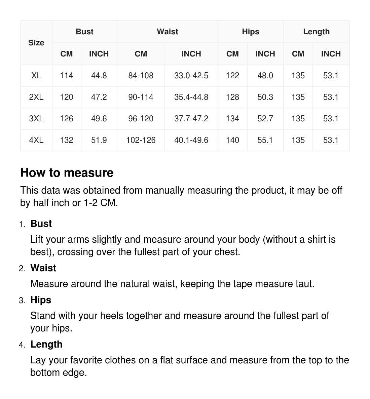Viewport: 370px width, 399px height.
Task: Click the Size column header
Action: pos(36,43)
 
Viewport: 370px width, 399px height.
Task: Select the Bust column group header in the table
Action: pos(84,32)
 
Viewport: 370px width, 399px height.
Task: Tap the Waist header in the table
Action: pos(168,32)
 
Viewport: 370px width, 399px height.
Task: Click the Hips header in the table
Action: pos(251,32)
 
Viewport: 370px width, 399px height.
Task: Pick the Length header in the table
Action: pos(316,32)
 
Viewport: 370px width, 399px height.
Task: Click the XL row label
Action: pos(36,76)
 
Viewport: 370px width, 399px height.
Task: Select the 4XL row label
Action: pos(36,140)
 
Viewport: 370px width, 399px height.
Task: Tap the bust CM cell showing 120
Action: pos(67,97)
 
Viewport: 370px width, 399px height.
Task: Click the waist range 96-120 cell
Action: pos(141,119)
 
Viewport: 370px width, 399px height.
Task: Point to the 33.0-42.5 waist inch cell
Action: pos(191,76)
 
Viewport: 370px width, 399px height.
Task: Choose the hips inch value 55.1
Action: pos(265,140)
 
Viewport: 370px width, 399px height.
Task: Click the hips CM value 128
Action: pos(232,97)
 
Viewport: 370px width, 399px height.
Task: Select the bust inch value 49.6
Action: pos(99,119)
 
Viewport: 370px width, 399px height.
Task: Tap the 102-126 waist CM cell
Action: pos(141,140)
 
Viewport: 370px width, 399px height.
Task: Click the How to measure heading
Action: pos(67,173)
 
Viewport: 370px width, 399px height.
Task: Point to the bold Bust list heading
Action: pos(41,224)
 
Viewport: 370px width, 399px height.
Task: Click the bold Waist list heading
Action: pos(43,268)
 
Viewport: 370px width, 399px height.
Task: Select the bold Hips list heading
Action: pos(41,300)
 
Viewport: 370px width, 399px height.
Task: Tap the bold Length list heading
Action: pos(46,345)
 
